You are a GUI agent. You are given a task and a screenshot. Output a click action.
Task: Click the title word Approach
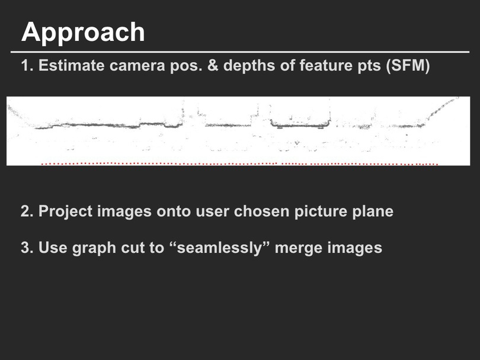pyautogui.click(x=83, y=33)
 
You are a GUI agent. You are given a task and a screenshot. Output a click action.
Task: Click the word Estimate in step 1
pyautogui.click(x=71, y=65)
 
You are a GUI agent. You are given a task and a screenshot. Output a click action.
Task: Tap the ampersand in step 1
pyautogui.click(x=213, y=65)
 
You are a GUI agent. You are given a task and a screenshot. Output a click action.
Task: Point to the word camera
pyautogui.click(x=137, y=66)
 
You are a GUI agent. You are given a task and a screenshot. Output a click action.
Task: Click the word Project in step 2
pyautogui.click(x=65, y=211)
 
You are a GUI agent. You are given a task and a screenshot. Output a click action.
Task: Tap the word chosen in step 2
pyautogui.click(x=262, y=211)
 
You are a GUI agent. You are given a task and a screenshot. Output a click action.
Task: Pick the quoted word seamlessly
pyautogui.click(x=219, y=247)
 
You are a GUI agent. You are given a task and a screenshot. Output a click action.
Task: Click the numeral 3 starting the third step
pyautogui.click(x=27, y=247)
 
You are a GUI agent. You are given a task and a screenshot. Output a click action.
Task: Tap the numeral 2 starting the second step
pyautogui.click(x=27, y=211)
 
